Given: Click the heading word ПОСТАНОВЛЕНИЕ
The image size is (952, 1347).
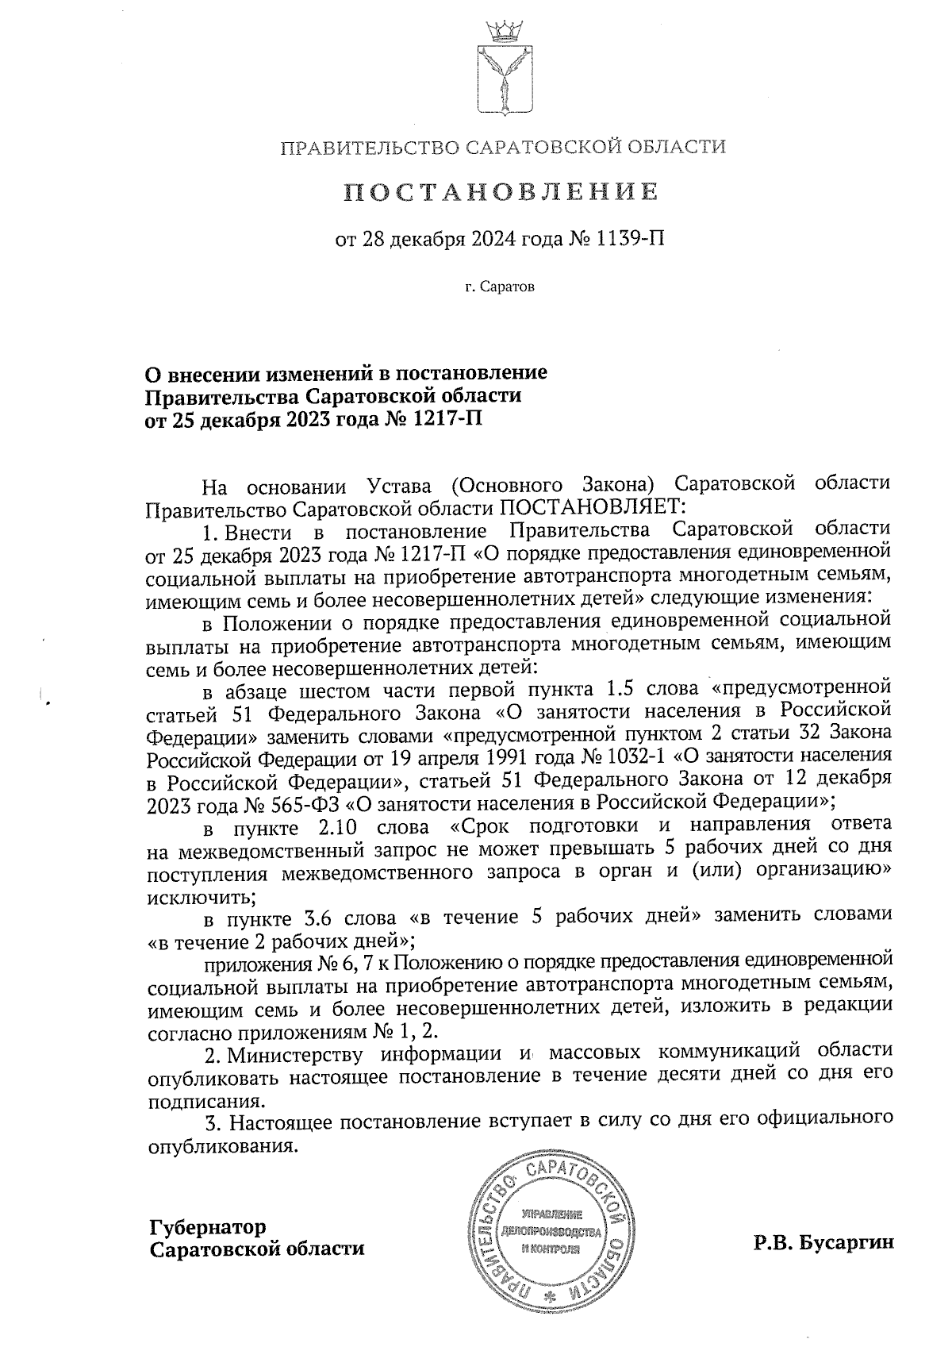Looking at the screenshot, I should pyautogui.click(x=501, y=191).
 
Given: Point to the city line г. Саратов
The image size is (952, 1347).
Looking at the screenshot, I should pyautogui.click(x=500, y=286).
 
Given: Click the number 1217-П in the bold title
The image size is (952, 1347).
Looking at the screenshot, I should pyautogui.click(x=447, y=418).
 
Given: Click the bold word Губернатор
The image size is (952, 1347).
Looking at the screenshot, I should pyautogui.click(x=208, y=1227).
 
